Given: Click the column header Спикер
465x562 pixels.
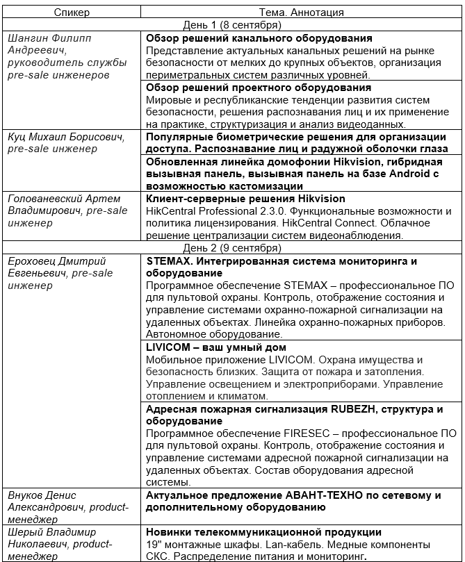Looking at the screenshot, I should pyautogui.click(x=73, y=12).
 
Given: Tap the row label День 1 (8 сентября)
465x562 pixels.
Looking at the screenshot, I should pyautogui.click(x=231, y=25).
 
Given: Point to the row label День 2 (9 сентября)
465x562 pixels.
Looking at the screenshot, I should pyautogui.click(x=231, y=248).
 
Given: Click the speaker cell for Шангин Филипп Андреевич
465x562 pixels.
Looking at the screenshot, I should pyautogui.click(x=67, y=56).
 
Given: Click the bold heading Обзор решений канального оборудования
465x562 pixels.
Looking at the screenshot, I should pyautogui.click(x=259, y=38).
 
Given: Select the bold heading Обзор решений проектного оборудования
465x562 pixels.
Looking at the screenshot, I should pyautogui.click(x=259, y=88).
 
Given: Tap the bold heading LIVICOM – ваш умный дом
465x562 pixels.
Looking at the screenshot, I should pyautogui.click(x=216, y=347).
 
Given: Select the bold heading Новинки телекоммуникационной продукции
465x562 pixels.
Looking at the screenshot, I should pyautogui.click(x=263, y=532).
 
